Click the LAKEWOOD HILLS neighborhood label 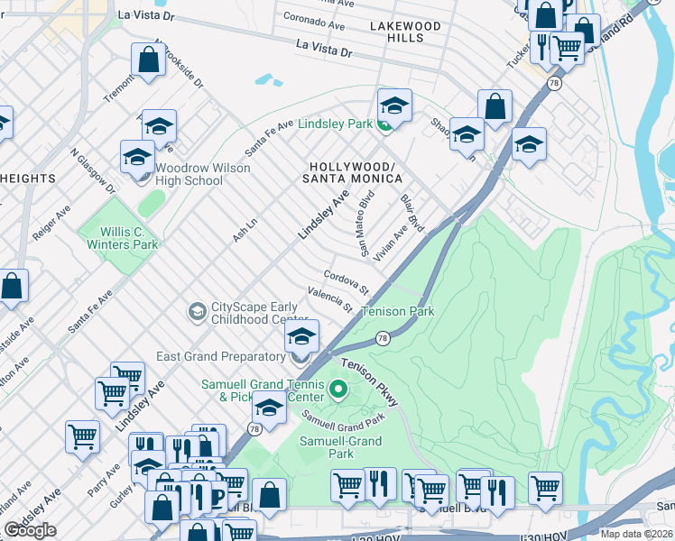click(404, 32)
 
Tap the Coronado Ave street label click(315, 17)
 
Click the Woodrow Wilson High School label click(189, 174)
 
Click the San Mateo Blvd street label click(356, 218)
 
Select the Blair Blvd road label click(411, 210)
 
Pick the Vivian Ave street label click(393, 243)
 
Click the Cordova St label click(347, 282)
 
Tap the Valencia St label click(329, 300)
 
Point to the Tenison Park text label click(397, 312)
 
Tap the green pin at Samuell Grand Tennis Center click(338, 390)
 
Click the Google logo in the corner click(30, 530)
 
